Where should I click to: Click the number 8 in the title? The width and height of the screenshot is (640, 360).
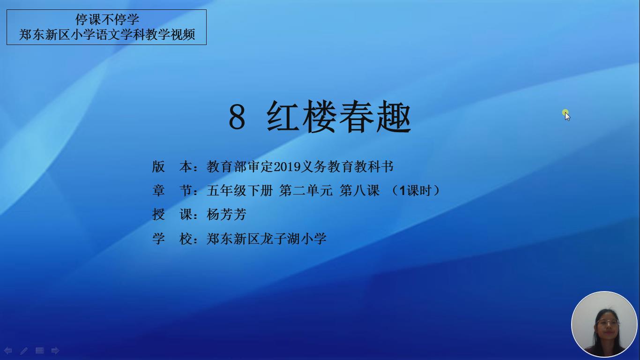coord(237,117)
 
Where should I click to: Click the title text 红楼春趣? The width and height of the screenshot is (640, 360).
coord(339,117)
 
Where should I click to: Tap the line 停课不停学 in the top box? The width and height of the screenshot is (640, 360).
coord(107,19)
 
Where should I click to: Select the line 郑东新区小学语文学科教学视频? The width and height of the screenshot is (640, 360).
coord(107,35)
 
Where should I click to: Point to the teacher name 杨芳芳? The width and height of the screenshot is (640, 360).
coord(226,215)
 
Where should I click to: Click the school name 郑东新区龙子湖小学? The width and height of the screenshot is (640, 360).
coord(266,239)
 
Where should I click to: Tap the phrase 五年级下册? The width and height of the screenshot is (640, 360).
coord(240,190)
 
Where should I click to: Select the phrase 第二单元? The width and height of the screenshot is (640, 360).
coord(306,190)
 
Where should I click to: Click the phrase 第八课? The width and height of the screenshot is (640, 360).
coord(360,190)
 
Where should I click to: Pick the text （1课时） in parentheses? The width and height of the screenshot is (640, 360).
coord(416,190)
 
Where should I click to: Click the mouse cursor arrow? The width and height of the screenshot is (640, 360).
coord(567,116)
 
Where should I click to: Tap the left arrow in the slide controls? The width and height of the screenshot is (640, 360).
coord(7,351)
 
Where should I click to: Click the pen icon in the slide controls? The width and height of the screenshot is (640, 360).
coord(24,351)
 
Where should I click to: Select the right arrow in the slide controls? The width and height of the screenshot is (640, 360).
coord(55,351)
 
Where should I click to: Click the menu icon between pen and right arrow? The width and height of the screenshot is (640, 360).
coord(39,350)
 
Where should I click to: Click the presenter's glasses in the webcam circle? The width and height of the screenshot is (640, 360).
coord(608,323)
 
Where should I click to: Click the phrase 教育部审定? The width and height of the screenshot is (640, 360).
coord(240,167)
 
